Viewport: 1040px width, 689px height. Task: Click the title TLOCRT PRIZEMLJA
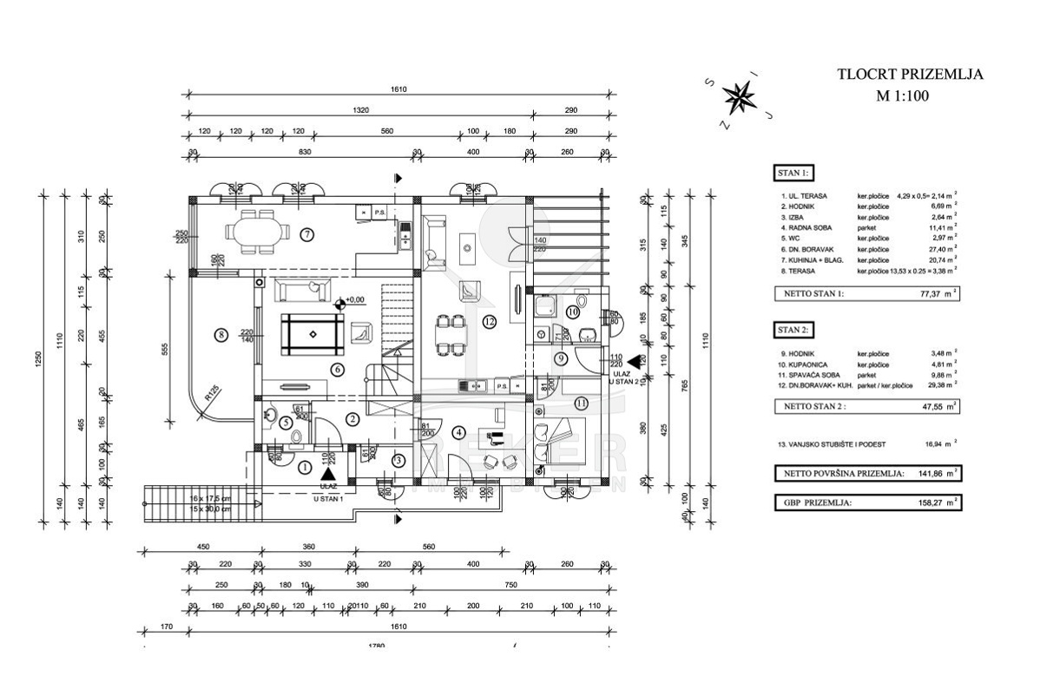point(909,75)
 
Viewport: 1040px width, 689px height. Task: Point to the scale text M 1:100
point(902,96)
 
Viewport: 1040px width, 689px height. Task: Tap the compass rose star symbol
point(740,97)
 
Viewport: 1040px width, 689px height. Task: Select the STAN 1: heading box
point(794,172)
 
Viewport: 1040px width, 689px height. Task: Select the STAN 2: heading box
point(794,330)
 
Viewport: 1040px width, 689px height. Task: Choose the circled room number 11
point(581,402)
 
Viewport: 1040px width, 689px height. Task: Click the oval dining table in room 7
point(256,232)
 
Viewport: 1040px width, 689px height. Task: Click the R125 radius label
point(211,394)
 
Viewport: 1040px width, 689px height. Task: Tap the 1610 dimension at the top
point(398,89)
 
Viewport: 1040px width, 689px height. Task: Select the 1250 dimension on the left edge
point(39,364)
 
